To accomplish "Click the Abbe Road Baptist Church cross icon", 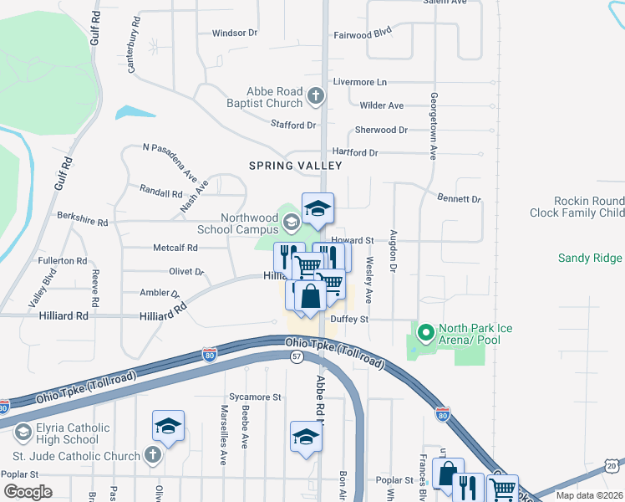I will coord(316,96).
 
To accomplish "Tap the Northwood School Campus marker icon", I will coord(291,222).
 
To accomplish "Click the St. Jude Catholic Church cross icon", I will coord(151,455).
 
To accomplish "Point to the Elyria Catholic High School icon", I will coord(23,432).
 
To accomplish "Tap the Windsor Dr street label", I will coord(235,33).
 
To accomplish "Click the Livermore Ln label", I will coord(360,82).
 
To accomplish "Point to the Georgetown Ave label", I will coord(434,125).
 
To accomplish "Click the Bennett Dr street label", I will coord(459,199).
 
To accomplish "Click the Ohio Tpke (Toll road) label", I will coord(334,352).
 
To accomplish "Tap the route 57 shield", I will coord(296,356).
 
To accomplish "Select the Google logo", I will coord(27,491).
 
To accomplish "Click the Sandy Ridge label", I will coord(591,259).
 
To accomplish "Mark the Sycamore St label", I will coord(255,397).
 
